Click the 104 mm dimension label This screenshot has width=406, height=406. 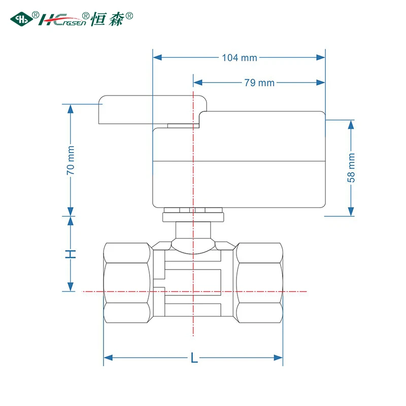[x=240, y=57]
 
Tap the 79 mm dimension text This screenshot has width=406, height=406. [x=259, y=83]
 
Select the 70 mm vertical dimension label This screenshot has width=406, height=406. [x=71, y=160]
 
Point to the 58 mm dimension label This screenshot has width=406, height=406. [x=351, y=168]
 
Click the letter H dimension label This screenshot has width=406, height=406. [x=71, y=254]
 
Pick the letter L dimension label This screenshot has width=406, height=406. [x=194, y=358]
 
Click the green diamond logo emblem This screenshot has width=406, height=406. [x=21, y=19]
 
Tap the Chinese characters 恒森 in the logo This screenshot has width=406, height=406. [x=108, y=19]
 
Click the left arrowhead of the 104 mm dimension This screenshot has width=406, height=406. [x=157, y=57]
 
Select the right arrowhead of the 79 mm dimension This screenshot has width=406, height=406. [x=321, y=83]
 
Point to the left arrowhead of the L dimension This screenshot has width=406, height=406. [x=108, y=358]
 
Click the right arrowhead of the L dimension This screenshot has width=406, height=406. [x=278, y=358]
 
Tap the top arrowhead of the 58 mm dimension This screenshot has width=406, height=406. [x=351, y=125]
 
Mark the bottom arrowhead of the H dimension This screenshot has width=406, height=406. [x=71, y=287]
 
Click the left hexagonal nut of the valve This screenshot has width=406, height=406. [x=127, y=283]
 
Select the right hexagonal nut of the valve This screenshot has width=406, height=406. [x=259, y=283]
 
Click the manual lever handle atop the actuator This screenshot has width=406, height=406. [x=153, y=110]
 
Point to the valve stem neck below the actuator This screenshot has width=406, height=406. [x=193, y=230]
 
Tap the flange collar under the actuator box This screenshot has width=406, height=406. [x=193, y=217]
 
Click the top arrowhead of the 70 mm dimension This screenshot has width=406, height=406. [x=71, y=109]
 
